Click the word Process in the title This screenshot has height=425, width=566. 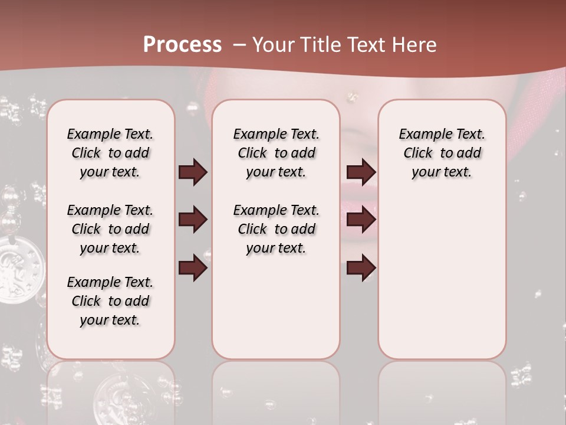(182, 45)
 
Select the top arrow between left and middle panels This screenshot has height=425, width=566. (193, 172)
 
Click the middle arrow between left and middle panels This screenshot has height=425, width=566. (193, 220)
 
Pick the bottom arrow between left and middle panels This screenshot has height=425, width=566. (193, 267)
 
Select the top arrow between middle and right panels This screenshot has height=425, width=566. (361, 172)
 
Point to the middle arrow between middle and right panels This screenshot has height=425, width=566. (361, 220)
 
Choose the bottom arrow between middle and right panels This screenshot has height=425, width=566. (361, 268)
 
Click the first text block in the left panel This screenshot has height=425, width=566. (110, 153)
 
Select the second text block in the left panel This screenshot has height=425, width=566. (110, 229)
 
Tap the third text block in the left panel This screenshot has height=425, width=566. (110, 301)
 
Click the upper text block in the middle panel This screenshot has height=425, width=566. (276, 153)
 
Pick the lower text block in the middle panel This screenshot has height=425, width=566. (276, 229)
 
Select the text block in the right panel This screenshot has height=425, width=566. (442, 153)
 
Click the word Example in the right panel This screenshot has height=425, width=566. (420, 134)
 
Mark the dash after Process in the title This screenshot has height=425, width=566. (239, 45)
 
